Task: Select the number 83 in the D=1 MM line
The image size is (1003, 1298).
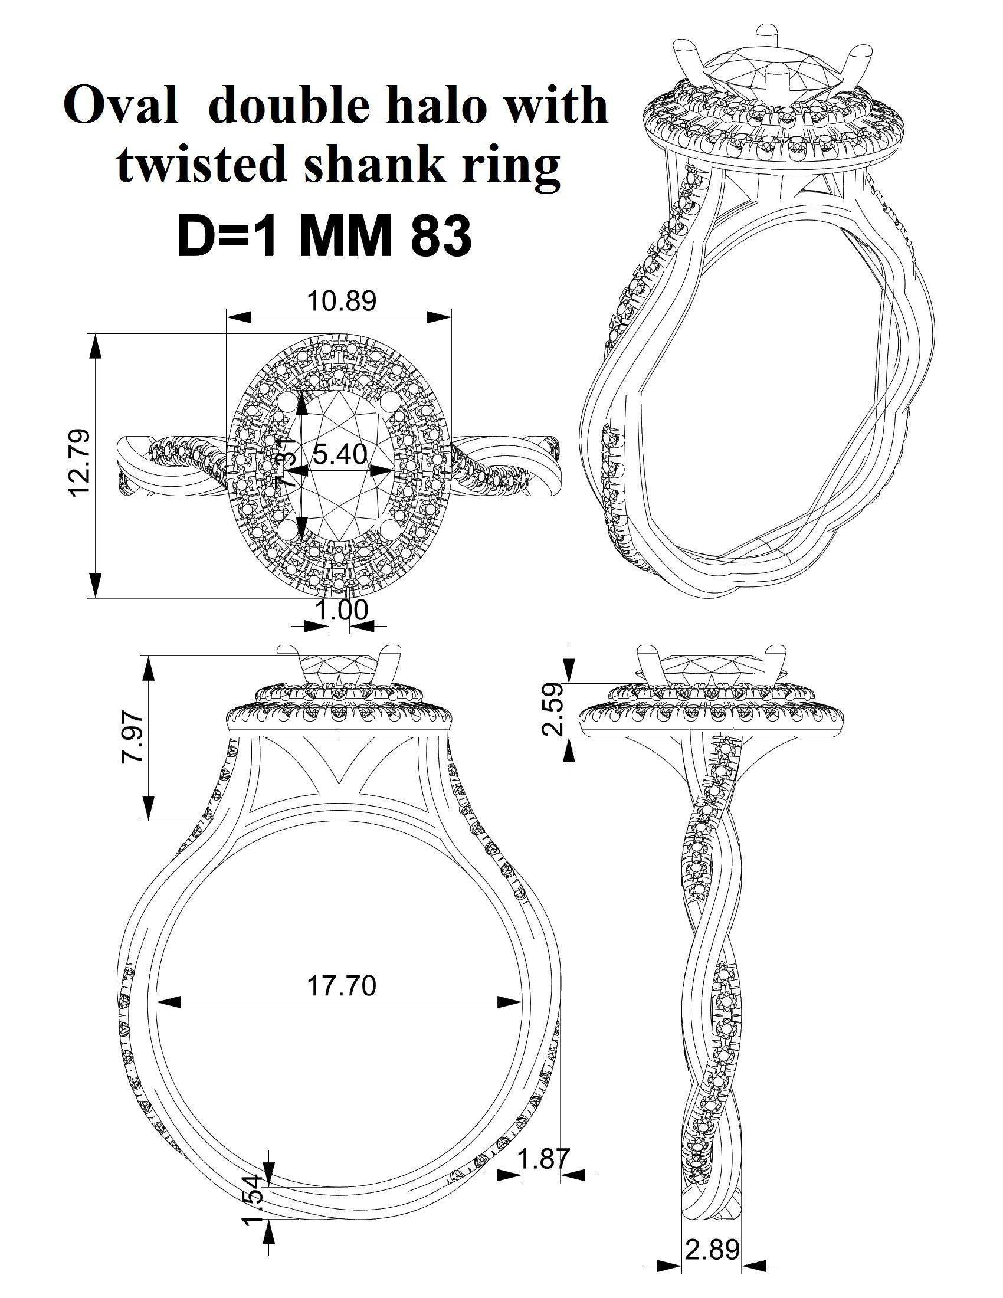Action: (x=438, y=235)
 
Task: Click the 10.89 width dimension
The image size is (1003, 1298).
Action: (x=341, y=301)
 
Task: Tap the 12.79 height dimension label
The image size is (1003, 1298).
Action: (x=80, y=464)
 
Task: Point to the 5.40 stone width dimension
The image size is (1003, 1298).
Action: (x=339, y=455)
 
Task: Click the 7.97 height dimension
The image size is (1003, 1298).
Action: (x=131, y=738)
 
